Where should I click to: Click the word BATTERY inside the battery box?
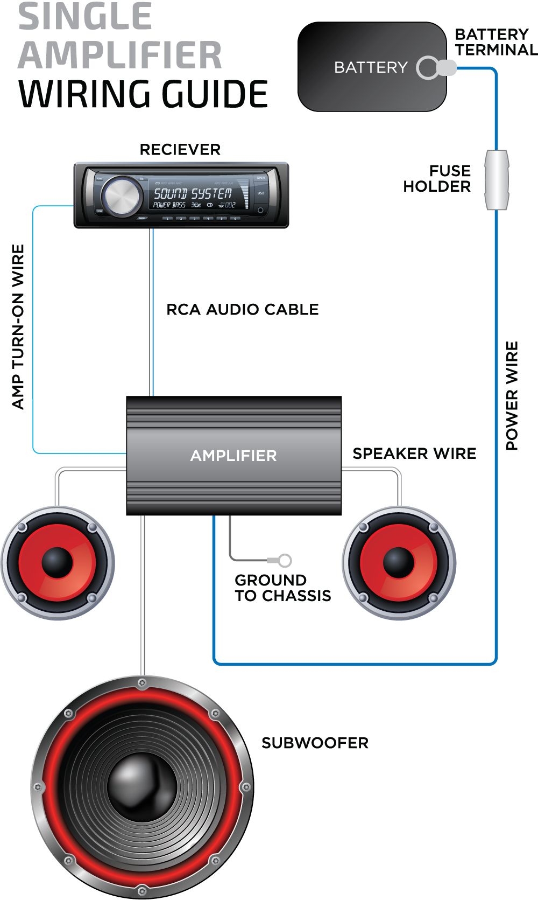(371, 67)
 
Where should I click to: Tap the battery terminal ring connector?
(429, 68)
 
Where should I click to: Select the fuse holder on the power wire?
(496, 180)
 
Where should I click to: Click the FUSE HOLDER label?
(437, 179)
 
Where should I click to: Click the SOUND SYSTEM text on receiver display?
(193, 193)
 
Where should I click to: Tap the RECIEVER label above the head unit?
(180, 150)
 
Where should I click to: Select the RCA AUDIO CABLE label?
(242, 310)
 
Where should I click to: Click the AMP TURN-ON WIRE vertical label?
(18, 327)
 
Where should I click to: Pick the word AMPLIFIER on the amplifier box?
(233, 456)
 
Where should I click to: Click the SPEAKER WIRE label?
(414, 454)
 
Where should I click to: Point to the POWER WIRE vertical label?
(512, 396)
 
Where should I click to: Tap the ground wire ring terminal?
(285, 561)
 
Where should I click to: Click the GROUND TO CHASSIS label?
(282, 588)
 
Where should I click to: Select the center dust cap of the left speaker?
(56, 562)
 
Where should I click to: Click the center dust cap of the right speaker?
(399, 562)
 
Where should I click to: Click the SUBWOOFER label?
(315, 743)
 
